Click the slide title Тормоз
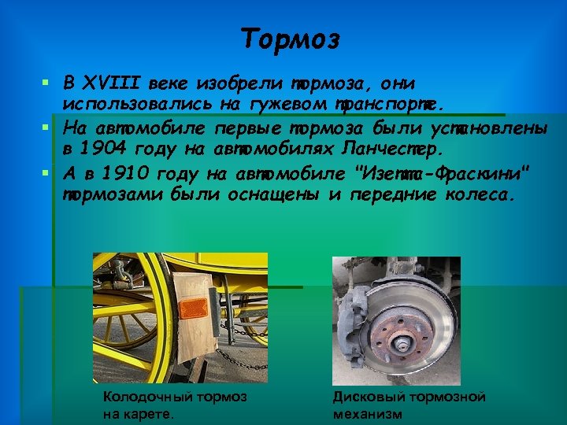pyautogui.click(x=290, y=38)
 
